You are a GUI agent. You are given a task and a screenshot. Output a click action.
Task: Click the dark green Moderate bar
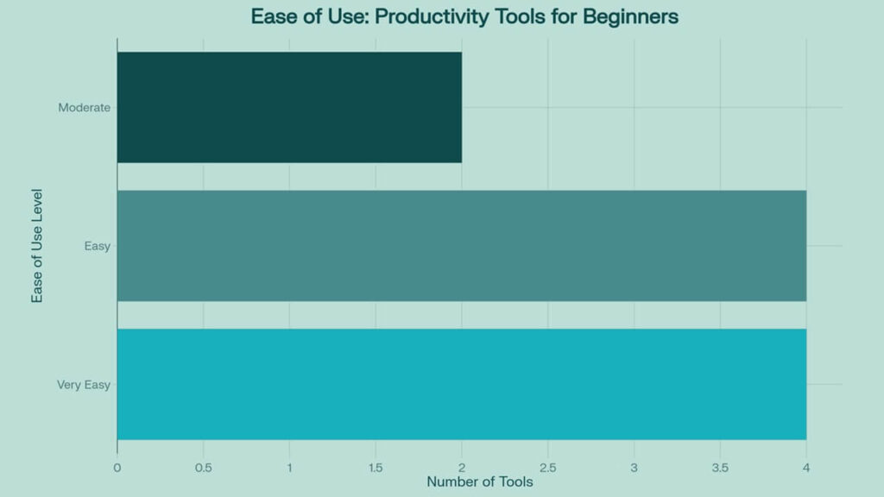[289, 107]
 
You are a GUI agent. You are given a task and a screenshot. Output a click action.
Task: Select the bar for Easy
[461, 246]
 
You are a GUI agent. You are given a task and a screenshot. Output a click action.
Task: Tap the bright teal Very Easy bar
[461, 384]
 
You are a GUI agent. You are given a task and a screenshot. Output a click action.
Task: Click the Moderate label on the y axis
[84, 108]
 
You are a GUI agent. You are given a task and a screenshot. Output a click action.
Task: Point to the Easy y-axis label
[97, 246]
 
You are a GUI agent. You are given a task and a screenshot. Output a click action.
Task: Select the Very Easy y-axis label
[84, 385]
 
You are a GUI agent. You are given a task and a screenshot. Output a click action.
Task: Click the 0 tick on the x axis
[117, 468]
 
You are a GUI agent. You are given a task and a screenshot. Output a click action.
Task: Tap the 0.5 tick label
[203, 468]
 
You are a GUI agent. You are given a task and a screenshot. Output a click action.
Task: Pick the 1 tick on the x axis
[289, 468]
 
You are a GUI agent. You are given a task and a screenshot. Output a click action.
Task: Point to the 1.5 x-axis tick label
[376, 468]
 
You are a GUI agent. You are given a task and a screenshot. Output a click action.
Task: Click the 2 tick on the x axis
[462, 468]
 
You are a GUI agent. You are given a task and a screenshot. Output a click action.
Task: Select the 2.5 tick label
[547, 468]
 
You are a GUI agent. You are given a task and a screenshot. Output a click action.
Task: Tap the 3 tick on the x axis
[634, 468]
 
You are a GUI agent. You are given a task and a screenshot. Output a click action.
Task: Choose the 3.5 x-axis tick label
[720, 468]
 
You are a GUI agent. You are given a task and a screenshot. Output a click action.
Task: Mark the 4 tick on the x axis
[806, 468]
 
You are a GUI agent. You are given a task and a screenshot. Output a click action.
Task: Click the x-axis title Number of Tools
[479, 482]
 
